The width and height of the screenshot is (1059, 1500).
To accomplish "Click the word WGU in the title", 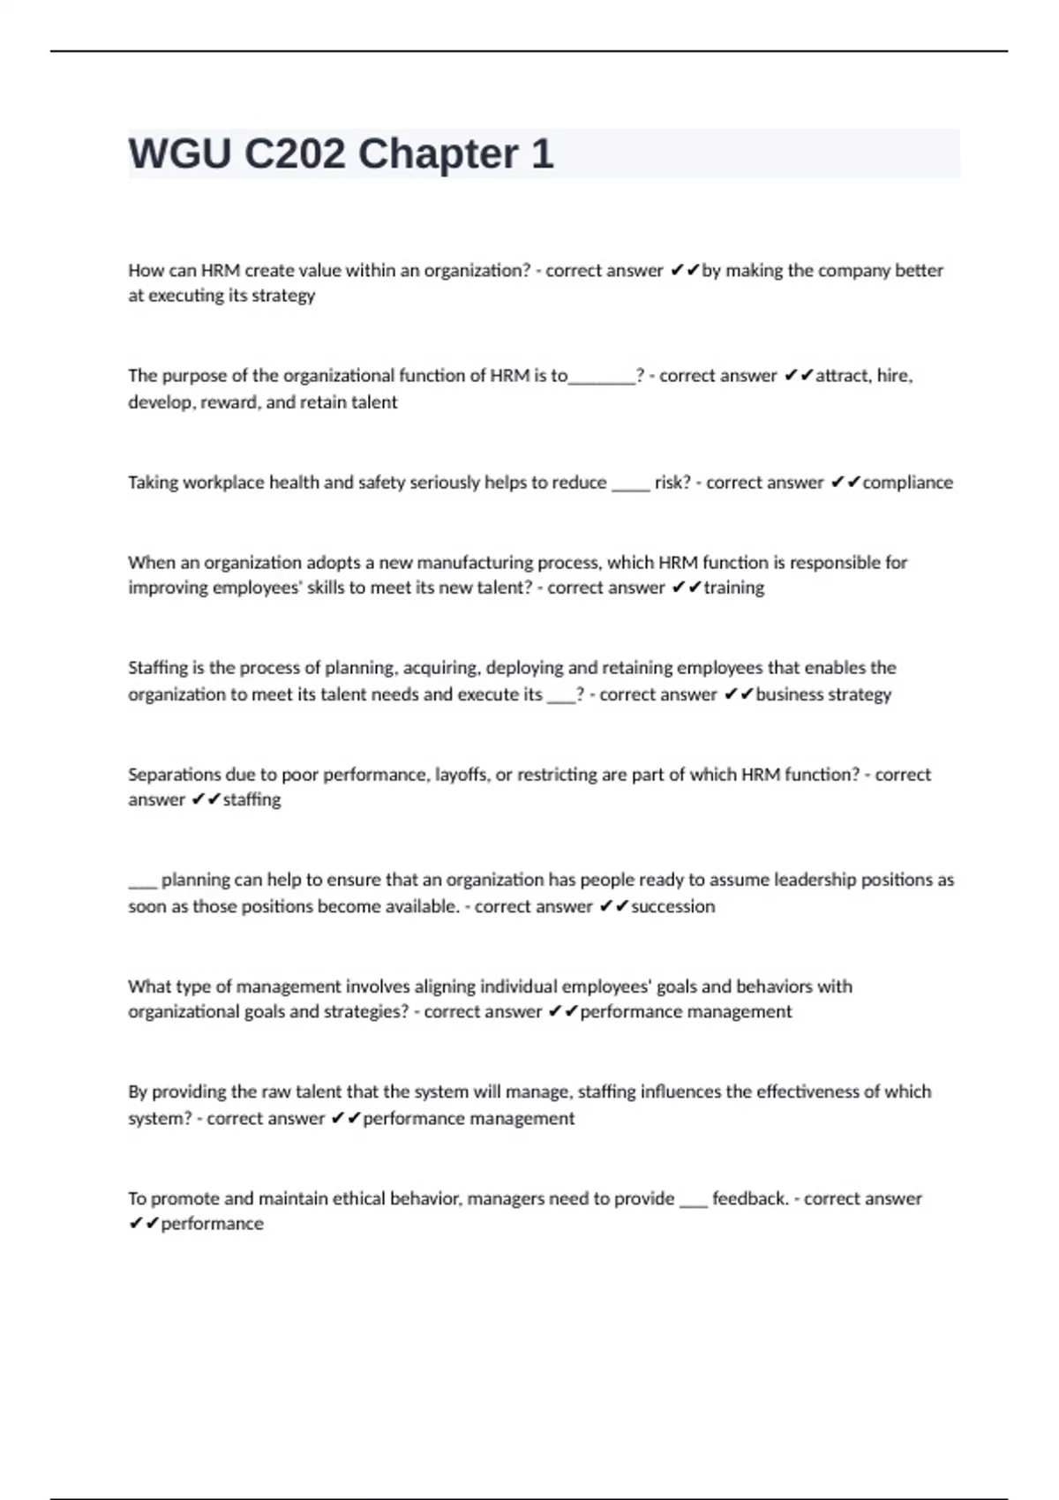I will [180, 154].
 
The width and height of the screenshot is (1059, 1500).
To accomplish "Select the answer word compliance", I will [907, 483].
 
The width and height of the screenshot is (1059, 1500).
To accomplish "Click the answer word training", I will [733, 588].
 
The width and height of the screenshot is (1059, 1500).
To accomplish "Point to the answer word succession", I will [672, 906].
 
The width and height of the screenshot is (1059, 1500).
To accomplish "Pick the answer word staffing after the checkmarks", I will [252, 799].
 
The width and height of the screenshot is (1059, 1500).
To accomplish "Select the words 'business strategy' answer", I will [823, 694].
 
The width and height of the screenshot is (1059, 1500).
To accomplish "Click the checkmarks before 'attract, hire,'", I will [798, 377].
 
